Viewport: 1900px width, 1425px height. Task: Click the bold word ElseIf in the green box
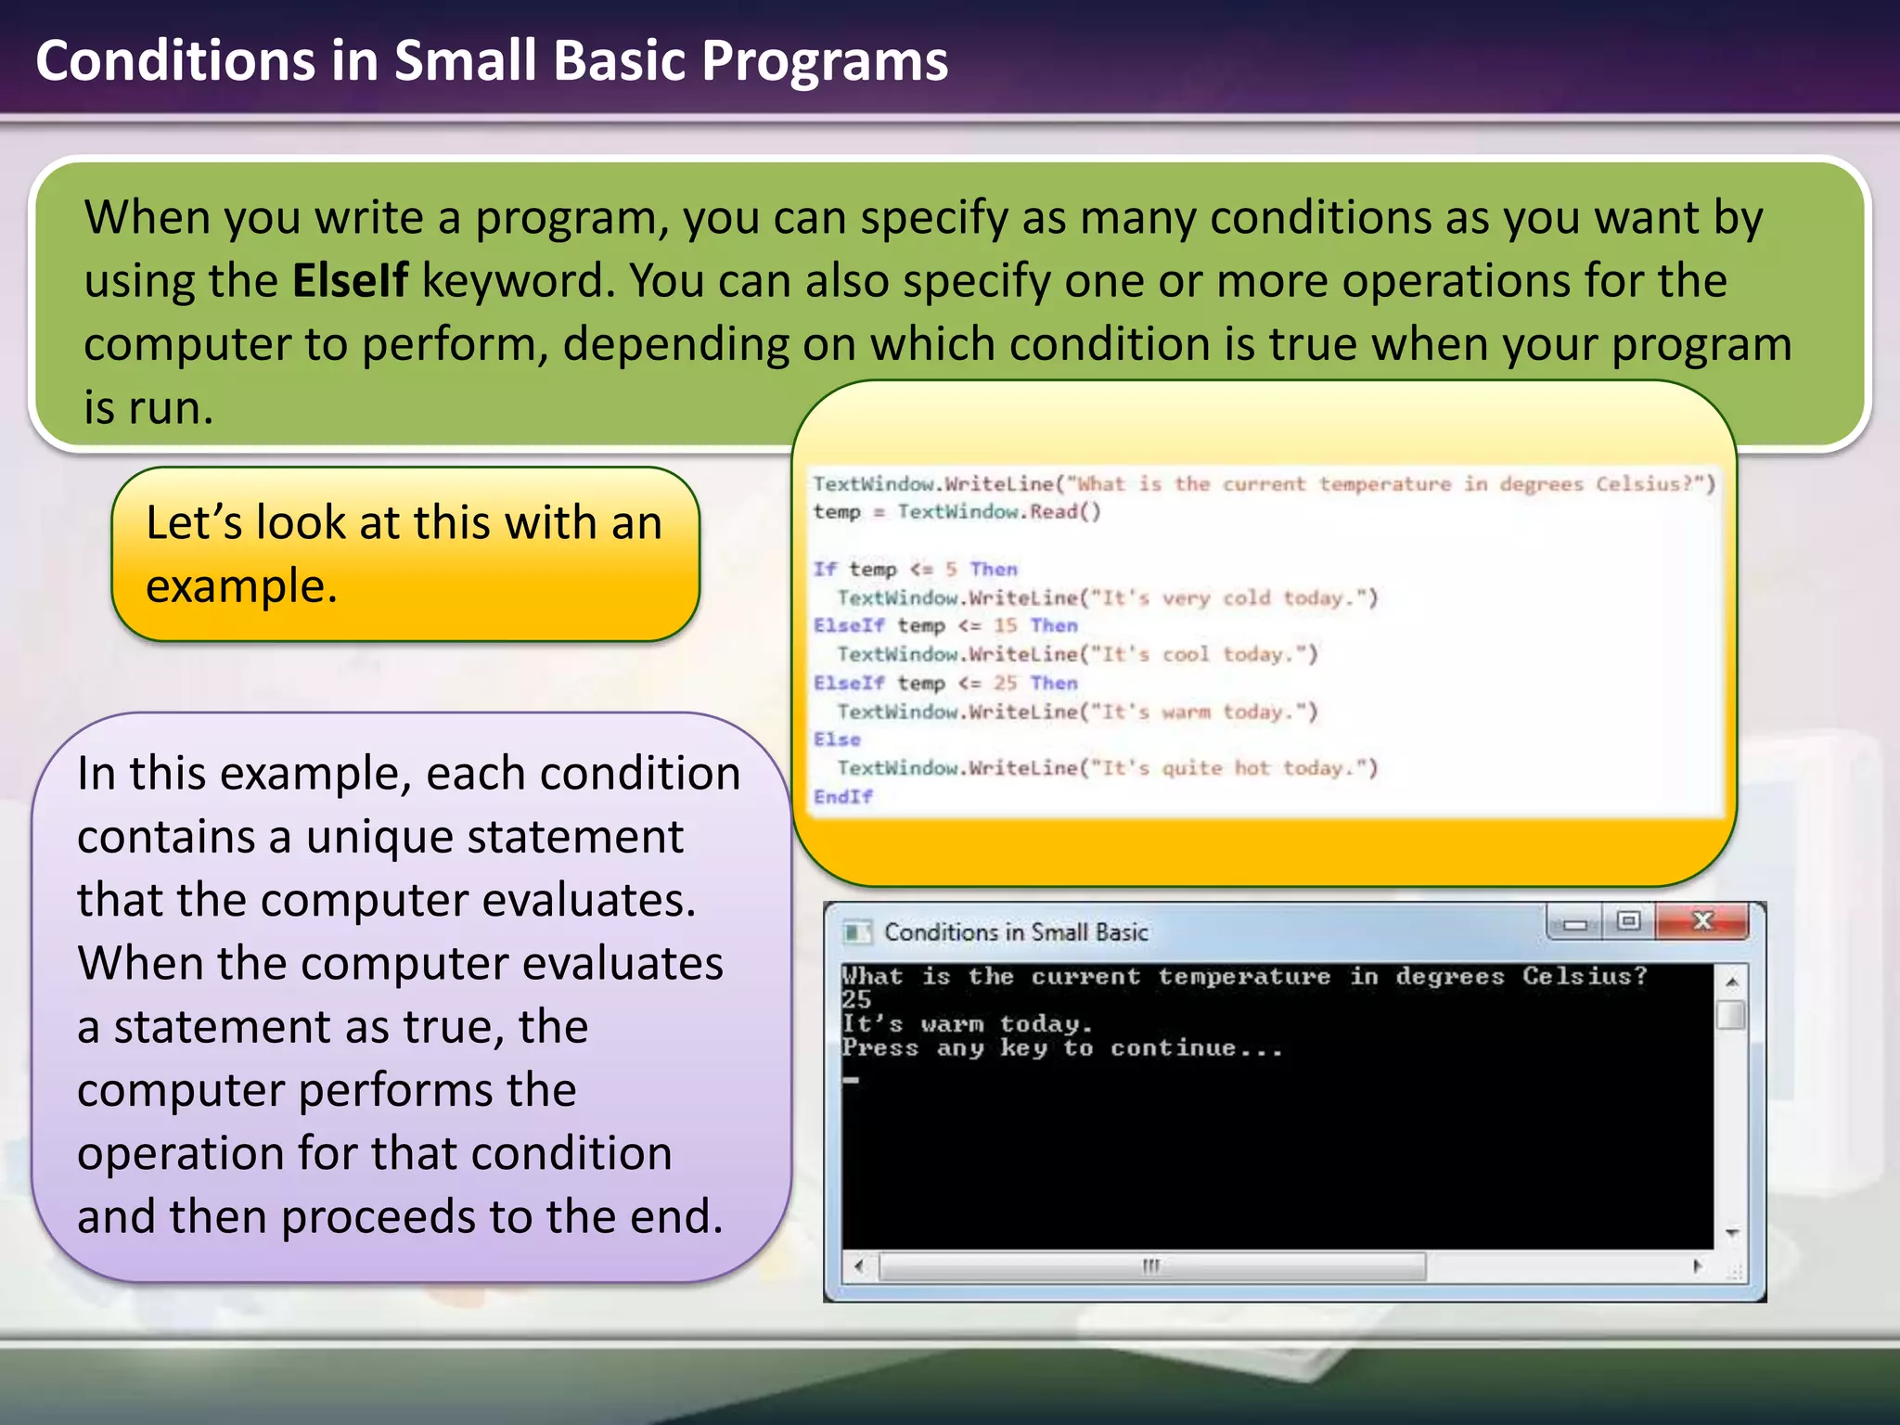pyautogui.click(x=350, y=280)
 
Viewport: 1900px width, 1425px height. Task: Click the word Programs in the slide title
pyautogui.click(x=824, y=61)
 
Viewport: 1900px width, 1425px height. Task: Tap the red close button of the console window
pyautogui.click(x=1701, y=921)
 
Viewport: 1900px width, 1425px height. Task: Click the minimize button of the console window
pyautogui.click(x=1574, y=923)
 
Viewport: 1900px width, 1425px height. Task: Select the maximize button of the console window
pyautogui.click(x=1628, y=921)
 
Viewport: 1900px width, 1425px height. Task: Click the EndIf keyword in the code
pyautogui.click(x=842, y=797)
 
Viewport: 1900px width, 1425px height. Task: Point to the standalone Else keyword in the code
pyautogui.click(x=837, y=739)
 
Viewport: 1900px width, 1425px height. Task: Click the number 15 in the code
pyautogui.click(x=1005, y=626)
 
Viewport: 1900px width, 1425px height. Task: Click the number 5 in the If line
pyautogui.click(x=951, y=570)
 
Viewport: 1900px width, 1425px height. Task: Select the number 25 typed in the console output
pyautogui.click(x=856, y=1000)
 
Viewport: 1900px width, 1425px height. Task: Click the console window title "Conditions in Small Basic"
pyautogui.click(x=1016, y=932)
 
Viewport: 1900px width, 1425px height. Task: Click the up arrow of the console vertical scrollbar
pyautogui.click(x=1731, y=982)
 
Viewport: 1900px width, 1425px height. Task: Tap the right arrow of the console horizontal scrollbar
pyautogui.click(x=1697, y=1266)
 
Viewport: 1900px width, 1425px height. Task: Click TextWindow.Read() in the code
pyautogui.click(x=998, y=512)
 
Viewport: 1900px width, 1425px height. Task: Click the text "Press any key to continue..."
pyautogui.click(x=1062, y=1048)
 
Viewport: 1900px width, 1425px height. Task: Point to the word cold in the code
pyautogui.click(x=1246, y=598)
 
